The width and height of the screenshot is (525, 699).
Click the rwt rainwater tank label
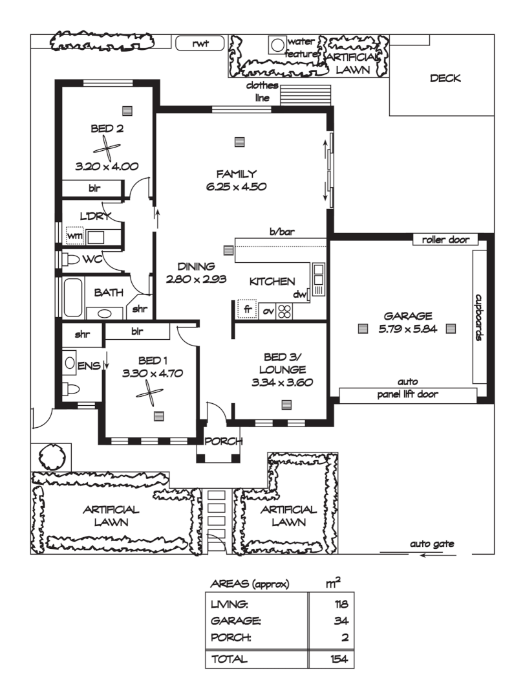tap(200, 43)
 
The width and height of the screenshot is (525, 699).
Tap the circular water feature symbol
tap(277, 45)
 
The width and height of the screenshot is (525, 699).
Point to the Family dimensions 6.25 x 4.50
tap(237, 186)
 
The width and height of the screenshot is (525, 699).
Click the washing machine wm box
tap(75, 236)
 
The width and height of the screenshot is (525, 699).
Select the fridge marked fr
tap(246, 310)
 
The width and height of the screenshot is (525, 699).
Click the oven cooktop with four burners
tap(284, 311)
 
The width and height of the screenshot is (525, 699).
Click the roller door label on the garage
tap(445, 239)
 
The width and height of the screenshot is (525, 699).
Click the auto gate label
tap(432, 544)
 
